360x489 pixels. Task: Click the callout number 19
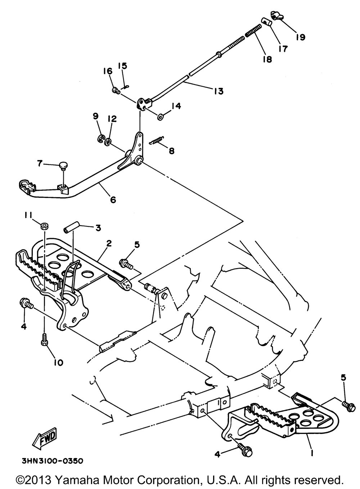point(300,37)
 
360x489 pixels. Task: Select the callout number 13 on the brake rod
point(219,91)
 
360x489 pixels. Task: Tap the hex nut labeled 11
point(45,226)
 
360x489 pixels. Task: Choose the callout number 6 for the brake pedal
point(113,200)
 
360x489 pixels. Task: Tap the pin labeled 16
point(116,90)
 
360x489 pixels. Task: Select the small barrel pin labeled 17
point(266,22)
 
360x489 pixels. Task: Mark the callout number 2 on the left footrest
point(109,243)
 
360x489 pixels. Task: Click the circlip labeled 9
point(101,139)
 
